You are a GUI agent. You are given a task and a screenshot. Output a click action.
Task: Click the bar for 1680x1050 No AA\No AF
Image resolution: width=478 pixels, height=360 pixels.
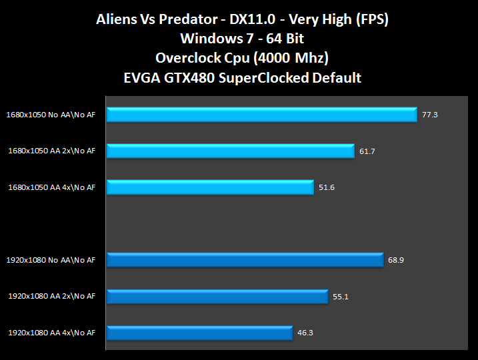tap(261, 115)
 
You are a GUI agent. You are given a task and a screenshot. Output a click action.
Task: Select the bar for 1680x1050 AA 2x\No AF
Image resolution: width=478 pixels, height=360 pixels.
tap(230, 151)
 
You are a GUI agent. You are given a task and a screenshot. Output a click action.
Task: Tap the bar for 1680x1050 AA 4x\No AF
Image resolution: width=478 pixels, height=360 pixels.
tap(209, 187)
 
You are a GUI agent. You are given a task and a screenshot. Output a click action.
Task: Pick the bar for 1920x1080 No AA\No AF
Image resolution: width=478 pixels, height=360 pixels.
tap(245, 259)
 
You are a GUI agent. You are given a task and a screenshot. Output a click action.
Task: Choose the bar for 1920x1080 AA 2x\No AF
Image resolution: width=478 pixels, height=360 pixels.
tap(217, 296)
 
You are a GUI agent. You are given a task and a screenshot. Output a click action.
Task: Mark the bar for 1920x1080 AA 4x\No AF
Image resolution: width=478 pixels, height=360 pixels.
tap(199, 332)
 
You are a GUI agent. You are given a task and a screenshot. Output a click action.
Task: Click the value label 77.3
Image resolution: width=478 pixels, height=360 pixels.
tap(429, 115)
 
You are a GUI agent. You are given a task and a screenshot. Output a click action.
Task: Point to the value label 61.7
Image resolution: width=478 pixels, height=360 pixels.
tap(367, 151)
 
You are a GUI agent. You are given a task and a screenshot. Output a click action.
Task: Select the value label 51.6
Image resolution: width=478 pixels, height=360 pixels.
tap(327, 187)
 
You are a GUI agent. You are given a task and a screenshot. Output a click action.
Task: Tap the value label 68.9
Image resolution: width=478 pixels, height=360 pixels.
tap(396, 259)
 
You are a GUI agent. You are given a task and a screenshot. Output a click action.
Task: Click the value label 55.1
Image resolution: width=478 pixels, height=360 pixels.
tap(340, 296)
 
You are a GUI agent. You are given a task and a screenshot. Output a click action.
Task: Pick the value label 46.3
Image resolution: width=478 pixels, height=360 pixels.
tap(306, 332)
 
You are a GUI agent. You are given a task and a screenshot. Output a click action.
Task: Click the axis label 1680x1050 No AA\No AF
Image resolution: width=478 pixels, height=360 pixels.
tap(51, 115)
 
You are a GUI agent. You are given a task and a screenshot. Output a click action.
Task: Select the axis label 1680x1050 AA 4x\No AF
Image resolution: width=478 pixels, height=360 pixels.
tap(51, 187)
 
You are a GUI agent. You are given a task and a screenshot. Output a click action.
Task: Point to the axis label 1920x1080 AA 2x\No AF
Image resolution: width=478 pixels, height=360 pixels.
tap(51, 296)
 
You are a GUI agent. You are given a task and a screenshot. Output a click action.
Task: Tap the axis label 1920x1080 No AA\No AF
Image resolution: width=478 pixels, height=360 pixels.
tap(51, 259)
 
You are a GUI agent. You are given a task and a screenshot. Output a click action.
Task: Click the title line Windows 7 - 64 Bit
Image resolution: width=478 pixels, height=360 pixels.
tap(239, 39)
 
